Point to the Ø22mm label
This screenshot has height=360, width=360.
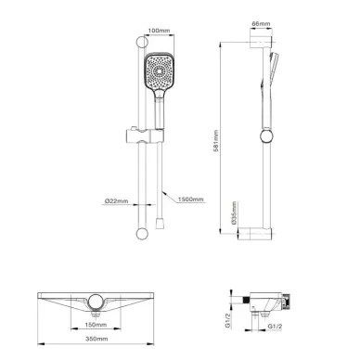coord(116,199)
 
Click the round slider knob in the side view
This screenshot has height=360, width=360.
coord(268,137)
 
